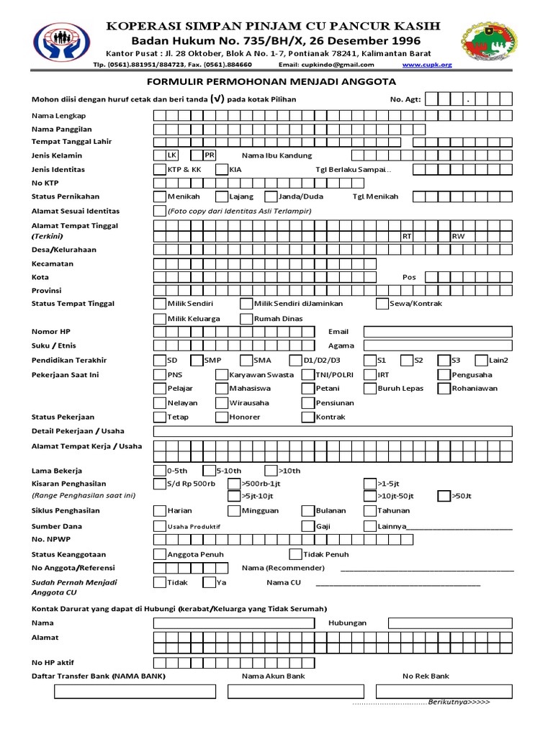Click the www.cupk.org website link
point(427,65)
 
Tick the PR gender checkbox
point(197,155)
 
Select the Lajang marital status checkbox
point(221,196)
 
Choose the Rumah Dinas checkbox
point(246,318)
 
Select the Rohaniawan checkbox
point(444,389)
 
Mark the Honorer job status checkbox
point(221,417)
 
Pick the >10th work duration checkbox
point(271,471)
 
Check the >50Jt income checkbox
point(444,496)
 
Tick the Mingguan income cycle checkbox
point(233,510)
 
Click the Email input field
point(438,332)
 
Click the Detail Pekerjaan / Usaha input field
point(333,431)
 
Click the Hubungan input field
point(451,623)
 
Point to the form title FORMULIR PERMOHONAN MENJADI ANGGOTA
point(276,83)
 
